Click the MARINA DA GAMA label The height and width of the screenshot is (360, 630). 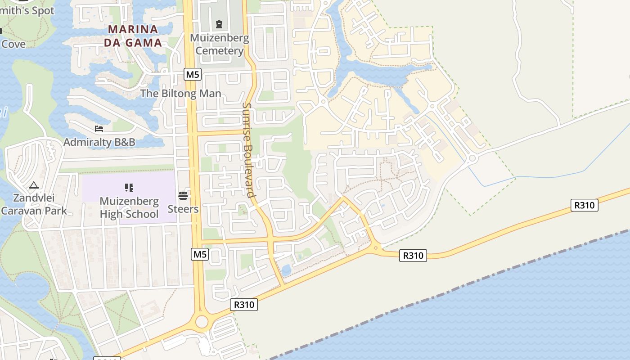point(133,36)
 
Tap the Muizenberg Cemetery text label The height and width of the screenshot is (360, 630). point(220,44)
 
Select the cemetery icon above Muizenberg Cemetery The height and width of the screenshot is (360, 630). point(219,24)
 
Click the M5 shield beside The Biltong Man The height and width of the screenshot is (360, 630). point(192,74)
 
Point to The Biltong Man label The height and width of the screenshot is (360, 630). point(180,94)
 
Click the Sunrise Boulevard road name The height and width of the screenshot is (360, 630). point(248,150)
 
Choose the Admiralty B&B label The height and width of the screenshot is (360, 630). point(99,142)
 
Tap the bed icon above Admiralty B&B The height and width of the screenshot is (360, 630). point(99,129)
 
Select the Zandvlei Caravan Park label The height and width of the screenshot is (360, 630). point(34,204)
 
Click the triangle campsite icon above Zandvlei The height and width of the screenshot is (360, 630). point(33,184)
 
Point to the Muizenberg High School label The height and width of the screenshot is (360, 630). point(129,207)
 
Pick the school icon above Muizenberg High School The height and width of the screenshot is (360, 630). point(129,188)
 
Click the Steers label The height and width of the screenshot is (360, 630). point(183,209)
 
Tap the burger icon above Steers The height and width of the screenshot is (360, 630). point(183,195)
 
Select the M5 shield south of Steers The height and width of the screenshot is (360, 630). point(200,254)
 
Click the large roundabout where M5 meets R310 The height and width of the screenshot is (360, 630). point(202,322)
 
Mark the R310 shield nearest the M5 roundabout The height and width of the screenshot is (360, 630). point(244,305)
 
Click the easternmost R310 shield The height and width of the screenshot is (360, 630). point(585,205)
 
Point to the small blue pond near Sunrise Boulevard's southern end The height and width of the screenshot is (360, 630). point(286,270)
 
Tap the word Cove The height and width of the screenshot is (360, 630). point(13,44)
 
